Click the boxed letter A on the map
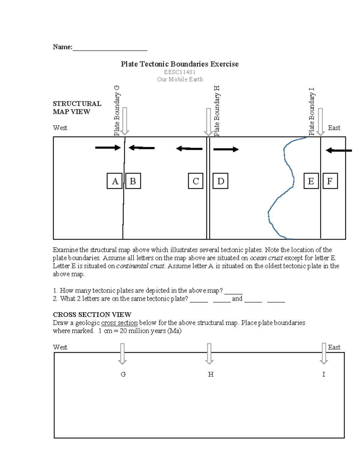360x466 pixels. pyautogui.click(x=115, y=181)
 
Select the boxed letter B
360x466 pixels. pyautogui.click(x=133, y=181)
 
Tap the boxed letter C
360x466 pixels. pyautogui.click(x=196, y=181)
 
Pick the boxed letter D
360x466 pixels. pyautogui.click(x=220, y=181)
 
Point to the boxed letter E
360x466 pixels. pyautogui.click(x=311, y=181)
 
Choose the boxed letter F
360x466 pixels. pyautogui.click(x=330, y=181)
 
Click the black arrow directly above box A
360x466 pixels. pyautogui.click(x=108, y=148)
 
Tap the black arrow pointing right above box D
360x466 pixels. pyautogui.click(x=226, y=149)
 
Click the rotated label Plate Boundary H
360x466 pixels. pyautogui.click(x=217, y=111)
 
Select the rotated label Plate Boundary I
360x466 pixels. pyautogui.click(x=312, y=112)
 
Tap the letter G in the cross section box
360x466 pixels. pyautogui.click(x=123, y=374)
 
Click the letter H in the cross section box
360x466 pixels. pyautogui.click(x=211, y=374)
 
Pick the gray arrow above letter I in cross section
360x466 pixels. pyautogui.click(x=324, y=353)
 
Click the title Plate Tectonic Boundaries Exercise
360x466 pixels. pyautogui.click(x=180, y=64)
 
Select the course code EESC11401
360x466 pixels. pyautogui.click(x=180, y=72)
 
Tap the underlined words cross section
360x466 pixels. pyautogui.click(x=119, y=323)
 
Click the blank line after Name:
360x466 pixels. pyautogui.click(x=110, y=47)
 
